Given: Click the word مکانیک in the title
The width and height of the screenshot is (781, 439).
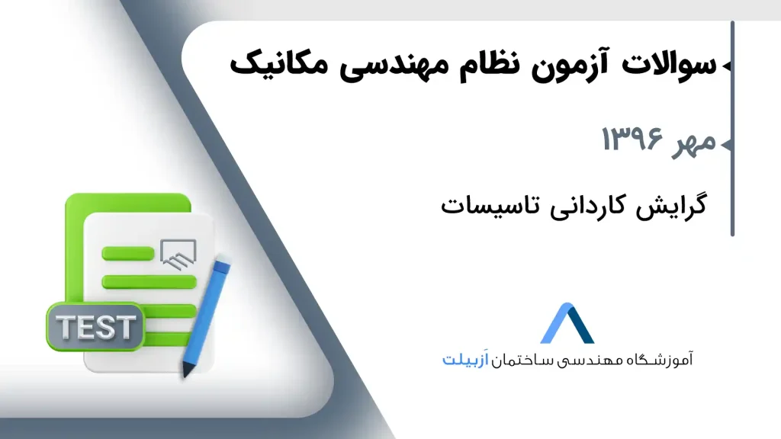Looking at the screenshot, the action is tap(279, 64).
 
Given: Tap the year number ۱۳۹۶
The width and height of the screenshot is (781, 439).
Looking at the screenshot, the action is tap(632, 139).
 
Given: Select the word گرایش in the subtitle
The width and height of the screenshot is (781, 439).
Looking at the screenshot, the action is tap(670, 206).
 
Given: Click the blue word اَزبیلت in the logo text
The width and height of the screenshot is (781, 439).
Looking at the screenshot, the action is tap(465, 360).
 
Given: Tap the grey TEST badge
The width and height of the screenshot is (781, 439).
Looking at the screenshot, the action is tap(95, 327).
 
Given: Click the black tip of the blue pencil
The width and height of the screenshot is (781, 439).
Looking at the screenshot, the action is tap(188, 370).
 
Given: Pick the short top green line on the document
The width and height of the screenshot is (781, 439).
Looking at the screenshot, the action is tap(128, 254).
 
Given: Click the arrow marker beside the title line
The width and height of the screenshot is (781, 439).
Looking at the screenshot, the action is tap(727, 66).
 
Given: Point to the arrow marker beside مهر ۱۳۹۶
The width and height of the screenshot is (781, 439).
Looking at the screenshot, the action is tap(727, 144).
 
